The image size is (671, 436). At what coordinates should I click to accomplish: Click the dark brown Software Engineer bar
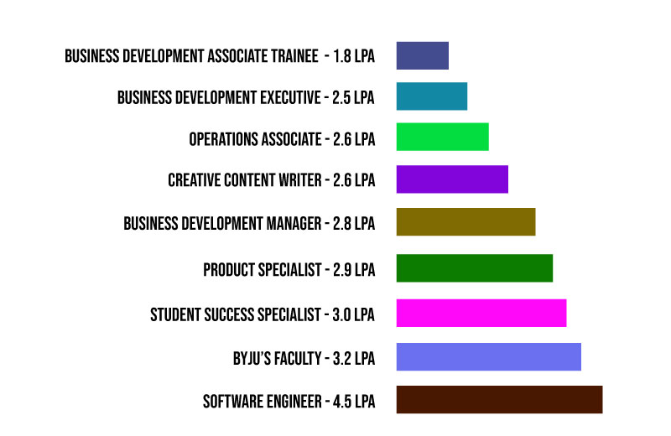click(499, 399)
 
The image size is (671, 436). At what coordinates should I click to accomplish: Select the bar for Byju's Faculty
click(488, 356)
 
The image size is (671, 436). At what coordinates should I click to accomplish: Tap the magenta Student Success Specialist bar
click(481, 313)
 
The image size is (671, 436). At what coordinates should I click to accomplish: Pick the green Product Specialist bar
click(474, 268)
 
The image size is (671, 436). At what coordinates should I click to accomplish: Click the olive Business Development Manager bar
click(466, 222)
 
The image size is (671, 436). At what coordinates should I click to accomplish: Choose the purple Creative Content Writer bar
click(452, 179)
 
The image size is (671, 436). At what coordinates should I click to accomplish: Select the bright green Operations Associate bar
click(442, 137)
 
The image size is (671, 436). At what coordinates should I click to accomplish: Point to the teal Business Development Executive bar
click(431, 96)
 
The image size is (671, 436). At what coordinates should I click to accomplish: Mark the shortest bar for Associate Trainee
click(422, 55)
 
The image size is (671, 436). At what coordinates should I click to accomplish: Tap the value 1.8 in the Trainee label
click(343, 57)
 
